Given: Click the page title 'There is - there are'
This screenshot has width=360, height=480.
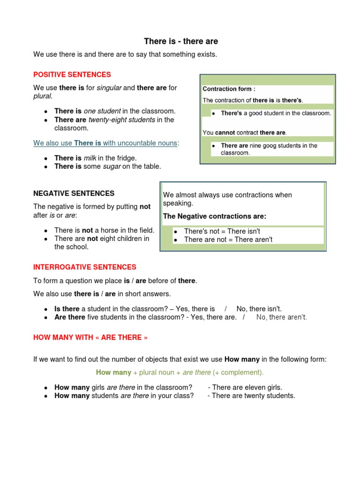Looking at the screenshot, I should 180,42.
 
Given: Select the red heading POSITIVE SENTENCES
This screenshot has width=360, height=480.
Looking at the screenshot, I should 72,75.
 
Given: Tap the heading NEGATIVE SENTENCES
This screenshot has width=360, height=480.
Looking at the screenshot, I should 74,193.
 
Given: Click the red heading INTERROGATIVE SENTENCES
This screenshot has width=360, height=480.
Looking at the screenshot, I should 85,267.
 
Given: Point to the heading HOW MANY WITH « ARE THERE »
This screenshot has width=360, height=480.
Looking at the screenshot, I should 90,337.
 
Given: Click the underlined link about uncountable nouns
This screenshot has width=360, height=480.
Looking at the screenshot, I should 106,143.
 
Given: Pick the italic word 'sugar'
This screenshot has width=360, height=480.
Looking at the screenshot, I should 112,166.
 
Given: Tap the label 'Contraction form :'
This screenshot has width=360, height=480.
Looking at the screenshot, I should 229,89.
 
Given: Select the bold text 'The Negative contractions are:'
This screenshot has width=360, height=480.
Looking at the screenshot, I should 214,216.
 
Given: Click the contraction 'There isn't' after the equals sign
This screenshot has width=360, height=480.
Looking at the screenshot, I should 244,232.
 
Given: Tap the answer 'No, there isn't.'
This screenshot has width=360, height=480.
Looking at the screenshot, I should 259,308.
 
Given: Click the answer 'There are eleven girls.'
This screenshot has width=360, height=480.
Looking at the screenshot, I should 247,387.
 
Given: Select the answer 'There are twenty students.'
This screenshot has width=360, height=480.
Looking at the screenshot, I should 254,396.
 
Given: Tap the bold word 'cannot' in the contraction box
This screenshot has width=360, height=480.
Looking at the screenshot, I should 225,133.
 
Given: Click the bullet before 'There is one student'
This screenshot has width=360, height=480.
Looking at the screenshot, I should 45,112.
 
